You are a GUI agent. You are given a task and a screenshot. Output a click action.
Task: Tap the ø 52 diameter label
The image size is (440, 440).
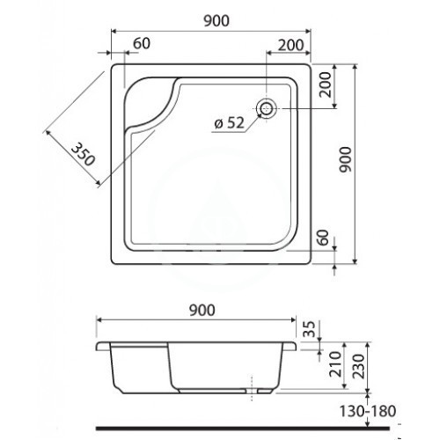click(x=230, y=123)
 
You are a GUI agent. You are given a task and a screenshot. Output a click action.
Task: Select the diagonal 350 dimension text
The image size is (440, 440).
click(x=83, y=154)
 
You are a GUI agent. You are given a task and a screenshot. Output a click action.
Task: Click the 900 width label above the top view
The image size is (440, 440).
click(x=216, y=20)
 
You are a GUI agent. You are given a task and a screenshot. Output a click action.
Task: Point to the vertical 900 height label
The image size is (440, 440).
click(x=345, y=159)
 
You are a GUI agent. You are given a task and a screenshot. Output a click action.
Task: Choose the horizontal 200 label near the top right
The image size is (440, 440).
click(x=290, y=46)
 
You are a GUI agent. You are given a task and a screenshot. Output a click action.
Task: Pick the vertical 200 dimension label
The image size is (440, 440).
click(x=325, y=84)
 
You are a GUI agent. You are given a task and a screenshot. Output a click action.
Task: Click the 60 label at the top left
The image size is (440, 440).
click(x=142, y=43)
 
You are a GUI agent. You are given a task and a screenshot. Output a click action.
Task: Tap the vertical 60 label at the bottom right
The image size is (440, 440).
click(x=322, y=238)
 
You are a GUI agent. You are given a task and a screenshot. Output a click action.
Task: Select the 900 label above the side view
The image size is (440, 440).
click(x=202, y=310)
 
